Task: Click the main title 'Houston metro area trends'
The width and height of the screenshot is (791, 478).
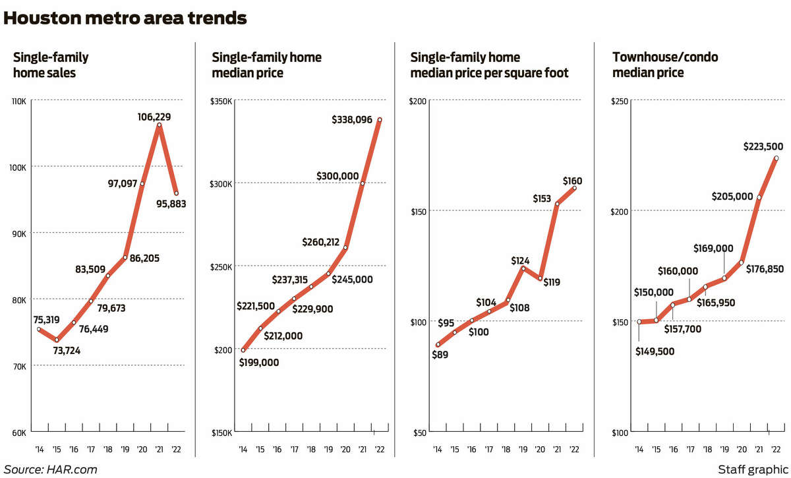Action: [125, 18]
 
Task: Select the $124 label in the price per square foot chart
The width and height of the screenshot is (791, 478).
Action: [521, 260]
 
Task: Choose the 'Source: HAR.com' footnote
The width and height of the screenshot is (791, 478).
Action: [51, 469]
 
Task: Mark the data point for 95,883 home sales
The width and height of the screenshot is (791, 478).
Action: [176, 193]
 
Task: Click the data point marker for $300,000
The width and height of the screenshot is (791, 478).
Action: [363, 183]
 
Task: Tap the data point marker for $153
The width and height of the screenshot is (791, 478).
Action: [557, 204]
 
